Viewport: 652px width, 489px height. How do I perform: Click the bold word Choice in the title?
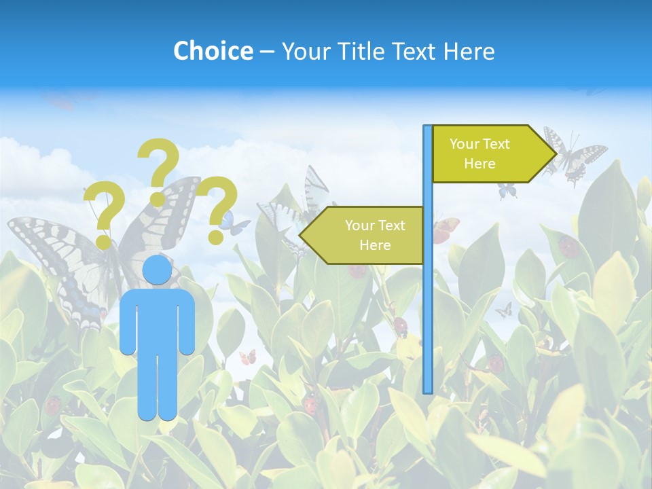(213, 51)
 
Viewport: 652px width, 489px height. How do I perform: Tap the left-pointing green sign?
(367, 235)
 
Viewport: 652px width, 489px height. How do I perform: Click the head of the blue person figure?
(158, 270)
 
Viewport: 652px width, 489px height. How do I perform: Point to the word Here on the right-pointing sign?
(479, 164)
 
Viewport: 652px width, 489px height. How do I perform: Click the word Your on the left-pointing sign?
(361, 225)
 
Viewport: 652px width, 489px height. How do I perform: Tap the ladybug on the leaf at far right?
(569, 247)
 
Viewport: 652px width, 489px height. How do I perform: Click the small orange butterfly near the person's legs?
(248, 357)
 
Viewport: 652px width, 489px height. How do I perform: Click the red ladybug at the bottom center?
(310, 405)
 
